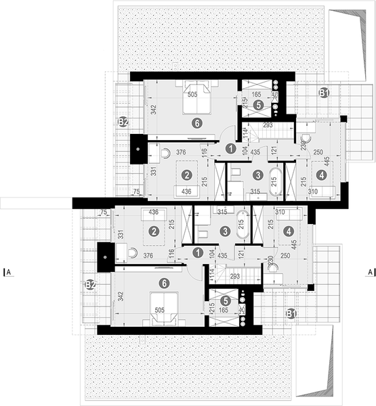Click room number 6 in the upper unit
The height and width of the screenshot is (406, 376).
pos(196,124)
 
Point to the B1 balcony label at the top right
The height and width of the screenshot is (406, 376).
pos(324,93)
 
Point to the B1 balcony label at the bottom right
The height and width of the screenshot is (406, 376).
pos(291,313)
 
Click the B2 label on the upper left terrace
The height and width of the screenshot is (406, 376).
pos(123,122)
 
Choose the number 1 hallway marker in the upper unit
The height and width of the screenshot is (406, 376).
pos(230,148)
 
